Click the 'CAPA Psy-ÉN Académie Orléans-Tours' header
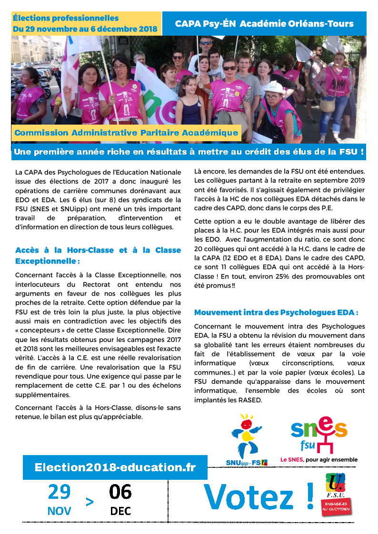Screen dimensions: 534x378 (264, 24)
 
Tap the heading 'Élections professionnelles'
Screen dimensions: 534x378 (66, 18)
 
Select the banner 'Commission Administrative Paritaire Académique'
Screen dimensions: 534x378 (126, 133)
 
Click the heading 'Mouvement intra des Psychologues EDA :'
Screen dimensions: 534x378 (276, 312)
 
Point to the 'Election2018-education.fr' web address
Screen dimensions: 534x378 (115, 467)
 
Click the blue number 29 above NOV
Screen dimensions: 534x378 (59, 492)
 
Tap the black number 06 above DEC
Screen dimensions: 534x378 (120, 492)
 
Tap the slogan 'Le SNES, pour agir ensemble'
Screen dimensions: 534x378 (318, 460)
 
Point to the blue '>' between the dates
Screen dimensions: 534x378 (90, 502)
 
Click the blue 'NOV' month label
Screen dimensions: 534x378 (60, 512)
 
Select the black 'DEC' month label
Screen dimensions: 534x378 (120, 512)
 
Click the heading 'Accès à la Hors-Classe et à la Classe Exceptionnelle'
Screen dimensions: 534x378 (98, 255)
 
